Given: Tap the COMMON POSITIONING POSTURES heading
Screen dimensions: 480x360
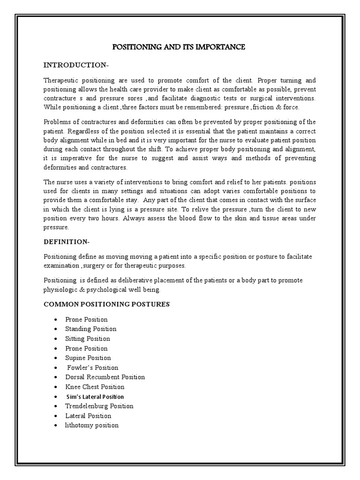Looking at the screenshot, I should click(x=106, y=304).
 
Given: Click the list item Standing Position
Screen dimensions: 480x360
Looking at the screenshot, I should click(x=91, y=329).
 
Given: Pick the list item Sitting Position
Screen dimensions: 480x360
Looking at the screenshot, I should click(x=88, y=338).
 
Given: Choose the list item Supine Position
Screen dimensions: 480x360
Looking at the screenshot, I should click(x=88, y=358).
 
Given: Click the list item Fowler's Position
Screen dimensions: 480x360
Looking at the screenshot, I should click(x=93, y=367).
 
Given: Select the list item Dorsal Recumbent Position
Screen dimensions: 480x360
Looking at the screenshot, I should click(x=105, y=377).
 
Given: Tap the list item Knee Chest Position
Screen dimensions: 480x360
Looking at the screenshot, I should click(x=95, y=387).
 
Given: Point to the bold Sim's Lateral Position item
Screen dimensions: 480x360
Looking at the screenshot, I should click(x=95, y=397).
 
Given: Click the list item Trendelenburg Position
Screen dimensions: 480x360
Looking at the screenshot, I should click(x=99, y=406).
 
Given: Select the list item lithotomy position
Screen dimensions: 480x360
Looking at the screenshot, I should click(x=92, y=425).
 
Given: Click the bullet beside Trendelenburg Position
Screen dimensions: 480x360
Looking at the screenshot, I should click(x=56, y=406).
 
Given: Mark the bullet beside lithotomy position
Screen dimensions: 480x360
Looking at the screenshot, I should click(x=56, y=425).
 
